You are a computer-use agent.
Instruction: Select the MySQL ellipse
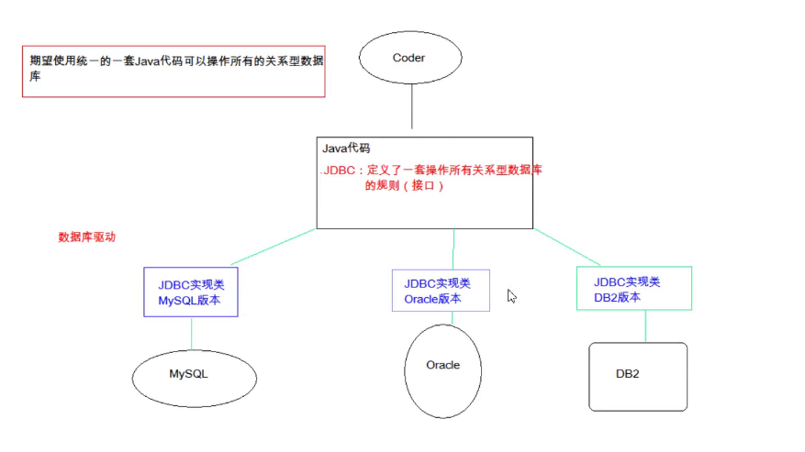tap(195, 375)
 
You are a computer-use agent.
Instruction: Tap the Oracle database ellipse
tap(442, 366)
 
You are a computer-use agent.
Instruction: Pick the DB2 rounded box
tap(637, 376)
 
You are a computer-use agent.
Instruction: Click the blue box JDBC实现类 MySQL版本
tap(190, 292)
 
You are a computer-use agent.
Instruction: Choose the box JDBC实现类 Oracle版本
tap(440, 291)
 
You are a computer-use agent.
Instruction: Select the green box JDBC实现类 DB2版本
tap(633, 289)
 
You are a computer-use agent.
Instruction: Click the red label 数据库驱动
tap(87, 237)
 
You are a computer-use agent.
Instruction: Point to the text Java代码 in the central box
tap(346, 148)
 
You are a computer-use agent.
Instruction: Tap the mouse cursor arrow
tap(511, 295)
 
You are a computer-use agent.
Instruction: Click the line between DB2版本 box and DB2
tap(645, 326)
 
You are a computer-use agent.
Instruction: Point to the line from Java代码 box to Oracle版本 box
tap(453, 248)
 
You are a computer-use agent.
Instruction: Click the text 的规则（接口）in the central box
tap(404, 186)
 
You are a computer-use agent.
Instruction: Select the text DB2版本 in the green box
tap(616, 297)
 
